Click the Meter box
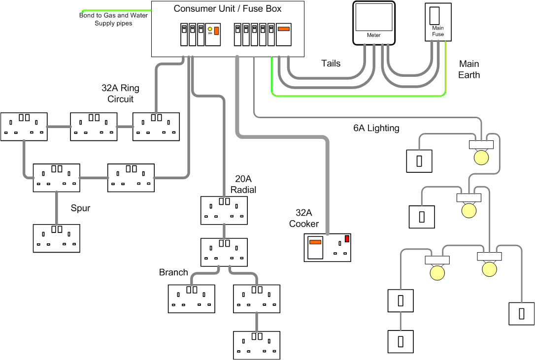pos(373,23)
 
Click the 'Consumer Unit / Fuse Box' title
pos(228,9)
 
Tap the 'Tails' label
pos(331,64)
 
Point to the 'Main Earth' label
pos(468,69)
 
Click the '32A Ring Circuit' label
pos(121,94)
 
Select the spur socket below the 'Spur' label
pos(56,238)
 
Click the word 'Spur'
pos(80,208)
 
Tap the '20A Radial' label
pos(244,185)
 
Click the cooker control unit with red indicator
pos(328,247)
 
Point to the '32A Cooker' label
pos(304,218)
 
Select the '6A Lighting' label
pos(376,128)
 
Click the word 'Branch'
pos(173,272)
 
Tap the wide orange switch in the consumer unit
pos(284,29)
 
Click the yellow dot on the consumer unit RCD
pos(210,30)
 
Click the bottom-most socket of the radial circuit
pos(256,345)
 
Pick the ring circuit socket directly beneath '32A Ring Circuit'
pos(156,127)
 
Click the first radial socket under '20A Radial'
pos(224,210)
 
